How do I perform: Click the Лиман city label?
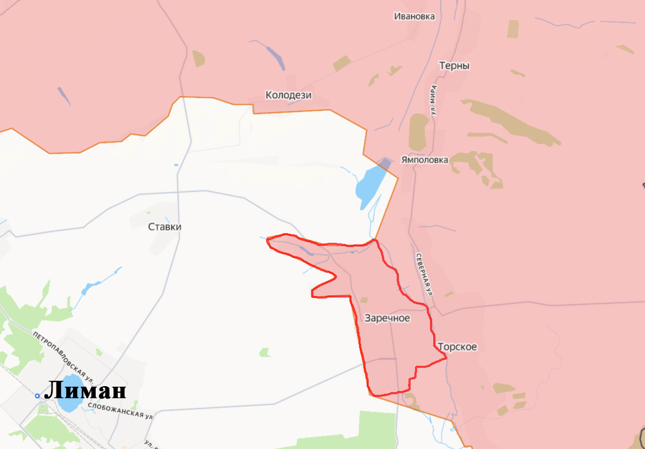(x=85, y=390)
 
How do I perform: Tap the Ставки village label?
(x=164, y=227)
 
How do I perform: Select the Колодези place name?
(x=289, y=96)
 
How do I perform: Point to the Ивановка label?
(x=414, y=16)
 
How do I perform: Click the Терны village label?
(x=454, y=66)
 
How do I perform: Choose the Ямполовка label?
(x=425, y=160)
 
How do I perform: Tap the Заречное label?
(x=387, y=318)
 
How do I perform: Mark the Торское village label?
(x=457, y=347)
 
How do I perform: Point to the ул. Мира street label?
(x=433, y=100)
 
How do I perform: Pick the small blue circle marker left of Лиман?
(x=37, y=396)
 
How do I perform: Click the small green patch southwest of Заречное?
(x=264, y=352)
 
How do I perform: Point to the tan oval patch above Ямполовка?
(x=418, y=132)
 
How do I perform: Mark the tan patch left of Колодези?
(x=198, y=58)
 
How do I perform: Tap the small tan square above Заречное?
(x=364, y=300)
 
